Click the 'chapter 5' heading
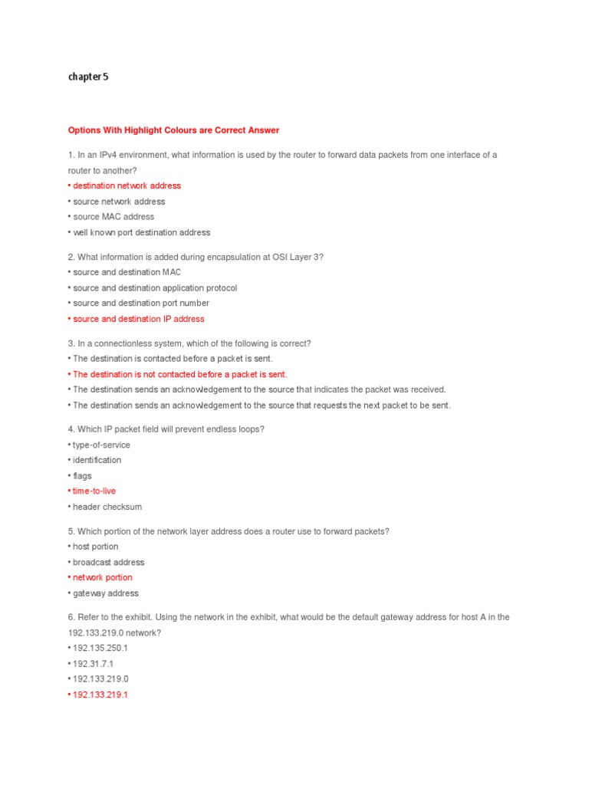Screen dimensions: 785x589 click(x=88, y=77)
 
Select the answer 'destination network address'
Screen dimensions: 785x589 click(x=127, y=186)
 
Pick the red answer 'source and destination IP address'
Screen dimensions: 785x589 click(x=138, y=319)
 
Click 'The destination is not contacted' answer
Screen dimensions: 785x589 click(x=179, y=374)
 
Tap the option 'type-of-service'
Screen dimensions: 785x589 click(x=101, y=445)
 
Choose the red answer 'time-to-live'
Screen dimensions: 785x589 click(x=94, y=491)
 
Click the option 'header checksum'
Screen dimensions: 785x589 click(x=107, y=507)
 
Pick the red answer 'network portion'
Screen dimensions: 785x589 click(x=102, y=577)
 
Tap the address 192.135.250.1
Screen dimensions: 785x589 click(x=100, y=648)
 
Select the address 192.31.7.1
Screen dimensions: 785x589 click(x=93, y=664)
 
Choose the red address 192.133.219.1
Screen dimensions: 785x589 click(x=100, y=695)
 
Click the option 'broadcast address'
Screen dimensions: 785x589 click(x=108, y=562)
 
